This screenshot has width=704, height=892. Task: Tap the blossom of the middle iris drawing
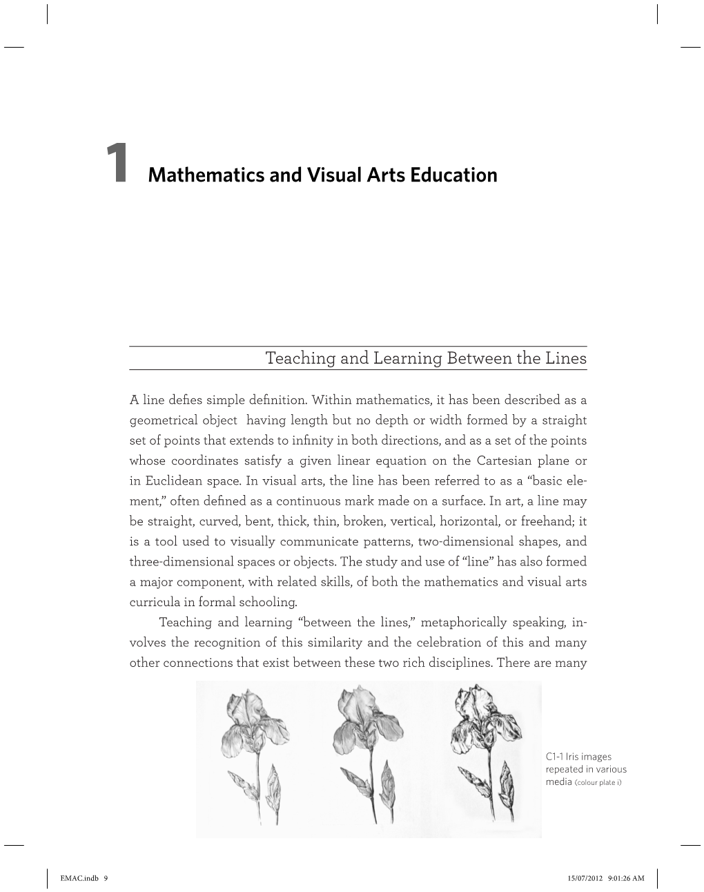365,718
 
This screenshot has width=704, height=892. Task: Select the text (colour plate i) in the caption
598,783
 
